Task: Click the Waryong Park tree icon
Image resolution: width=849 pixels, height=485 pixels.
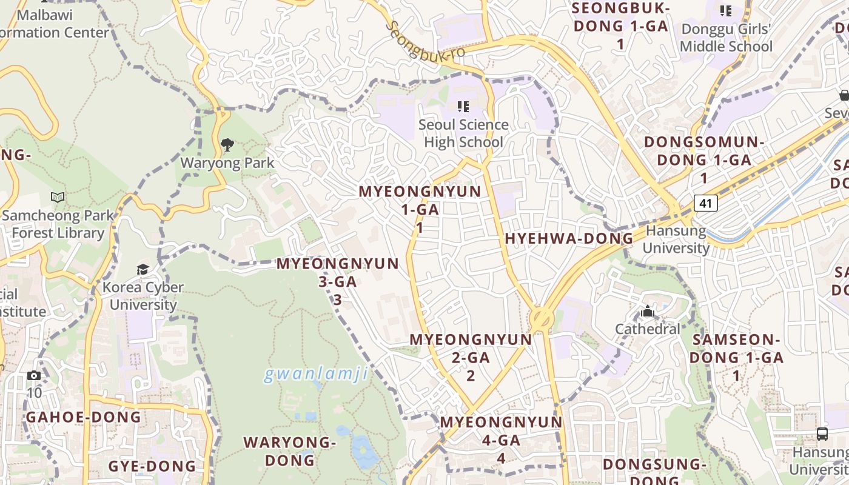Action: pyautogui.click(x=227, y=144)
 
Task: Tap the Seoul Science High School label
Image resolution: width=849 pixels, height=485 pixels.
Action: pyautogui.click(x=463, y=133)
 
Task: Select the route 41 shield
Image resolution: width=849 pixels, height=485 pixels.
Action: pyautogui.click(x=706, y=203)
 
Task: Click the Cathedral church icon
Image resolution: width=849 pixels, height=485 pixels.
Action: pyautogui.click(x=648, y=312)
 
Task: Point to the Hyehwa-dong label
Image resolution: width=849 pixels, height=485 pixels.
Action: pyautogui.click(x=569, y=239)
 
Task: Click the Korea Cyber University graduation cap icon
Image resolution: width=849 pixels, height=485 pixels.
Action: pyautogui.click(x=143, y=269)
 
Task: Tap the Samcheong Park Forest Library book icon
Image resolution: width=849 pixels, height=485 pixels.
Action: pyautogui.click(x=58, y=197)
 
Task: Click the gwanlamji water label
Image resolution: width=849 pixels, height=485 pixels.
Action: pyautogui.click(x=315, y=374)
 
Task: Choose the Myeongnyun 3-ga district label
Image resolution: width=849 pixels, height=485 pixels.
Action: pyautogui.click(x=338, y=281)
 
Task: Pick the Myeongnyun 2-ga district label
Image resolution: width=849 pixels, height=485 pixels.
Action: pyautogui.click(x=471, y=357)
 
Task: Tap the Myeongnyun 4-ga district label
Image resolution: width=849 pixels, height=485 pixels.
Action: pyautogui.click(x=502, y=440)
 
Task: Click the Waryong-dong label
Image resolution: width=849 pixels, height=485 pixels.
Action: pyautogui.click(x=290, y=451)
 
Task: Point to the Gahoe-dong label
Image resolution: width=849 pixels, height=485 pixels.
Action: pyautogui.click(x=83, y=417)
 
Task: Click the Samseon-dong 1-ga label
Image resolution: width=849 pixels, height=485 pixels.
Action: pyautogui.click(x=736, y=357)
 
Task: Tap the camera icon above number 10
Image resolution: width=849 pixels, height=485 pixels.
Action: pyautogui.click(x=34, y=375)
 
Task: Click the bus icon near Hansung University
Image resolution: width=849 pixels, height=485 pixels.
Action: pyautogui.click(x=822, y=433)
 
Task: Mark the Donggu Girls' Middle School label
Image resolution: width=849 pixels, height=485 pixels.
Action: pyautogui.click(x=726, y=38)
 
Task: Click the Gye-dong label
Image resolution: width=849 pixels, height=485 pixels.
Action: pyautogui.click(x=152, y=466)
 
